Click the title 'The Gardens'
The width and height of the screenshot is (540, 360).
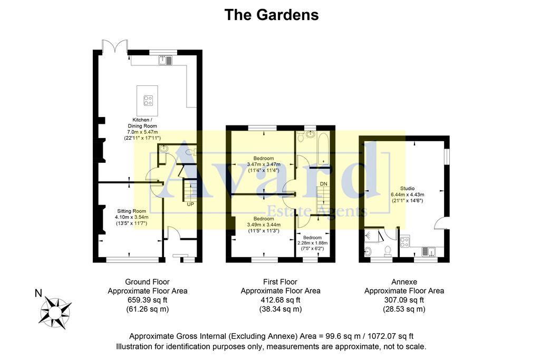(271, 15)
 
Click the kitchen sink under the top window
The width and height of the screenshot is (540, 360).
(165, 61)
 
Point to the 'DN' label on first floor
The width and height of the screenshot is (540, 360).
(324, 183)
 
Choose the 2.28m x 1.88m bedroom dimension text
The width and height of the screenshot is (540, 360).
(313, 243)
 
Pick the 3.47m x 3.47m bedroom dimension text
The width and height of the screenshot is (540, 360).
(263, 164)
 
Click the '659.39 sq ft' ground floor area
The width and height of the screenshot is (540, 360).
(147, 300)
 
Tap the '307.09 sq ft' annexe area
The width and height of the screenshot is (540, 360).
(404, 300)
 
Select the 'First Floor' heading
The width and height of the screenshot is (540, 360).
(280, 281)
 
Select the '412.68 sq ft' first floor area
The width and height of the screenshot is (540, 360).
(280, 300)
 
